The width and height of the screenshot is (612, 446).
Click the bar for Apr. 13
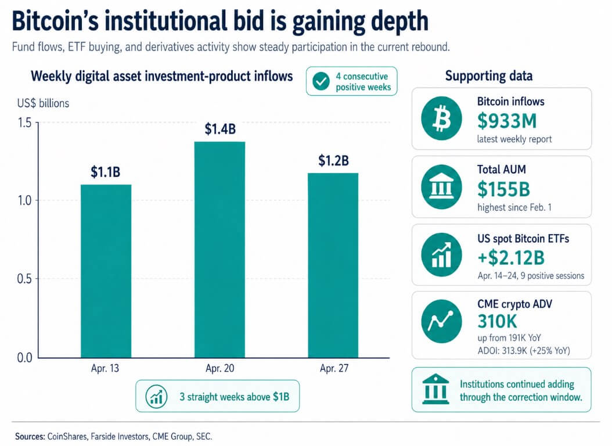click(x=106, y=270)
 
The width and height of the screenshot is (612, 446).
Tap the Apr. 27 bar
click(x=333, y=264)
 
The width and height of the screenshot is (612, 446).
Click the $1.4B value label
click(x=220, y=130)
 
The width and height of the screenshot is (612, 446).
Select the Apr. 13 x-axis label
click(x=106, y=369)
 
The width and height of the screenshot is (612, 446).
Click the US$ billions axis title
click(x=43, y=103)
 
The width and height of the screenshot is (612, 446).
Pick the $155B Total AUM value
click(x=504, y=189)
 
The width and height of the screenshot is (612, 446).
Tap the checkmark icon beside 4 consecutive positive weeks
click(x=321, y=82)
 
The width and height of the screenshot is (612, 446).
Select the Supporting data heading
click(x=488, y=76)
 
